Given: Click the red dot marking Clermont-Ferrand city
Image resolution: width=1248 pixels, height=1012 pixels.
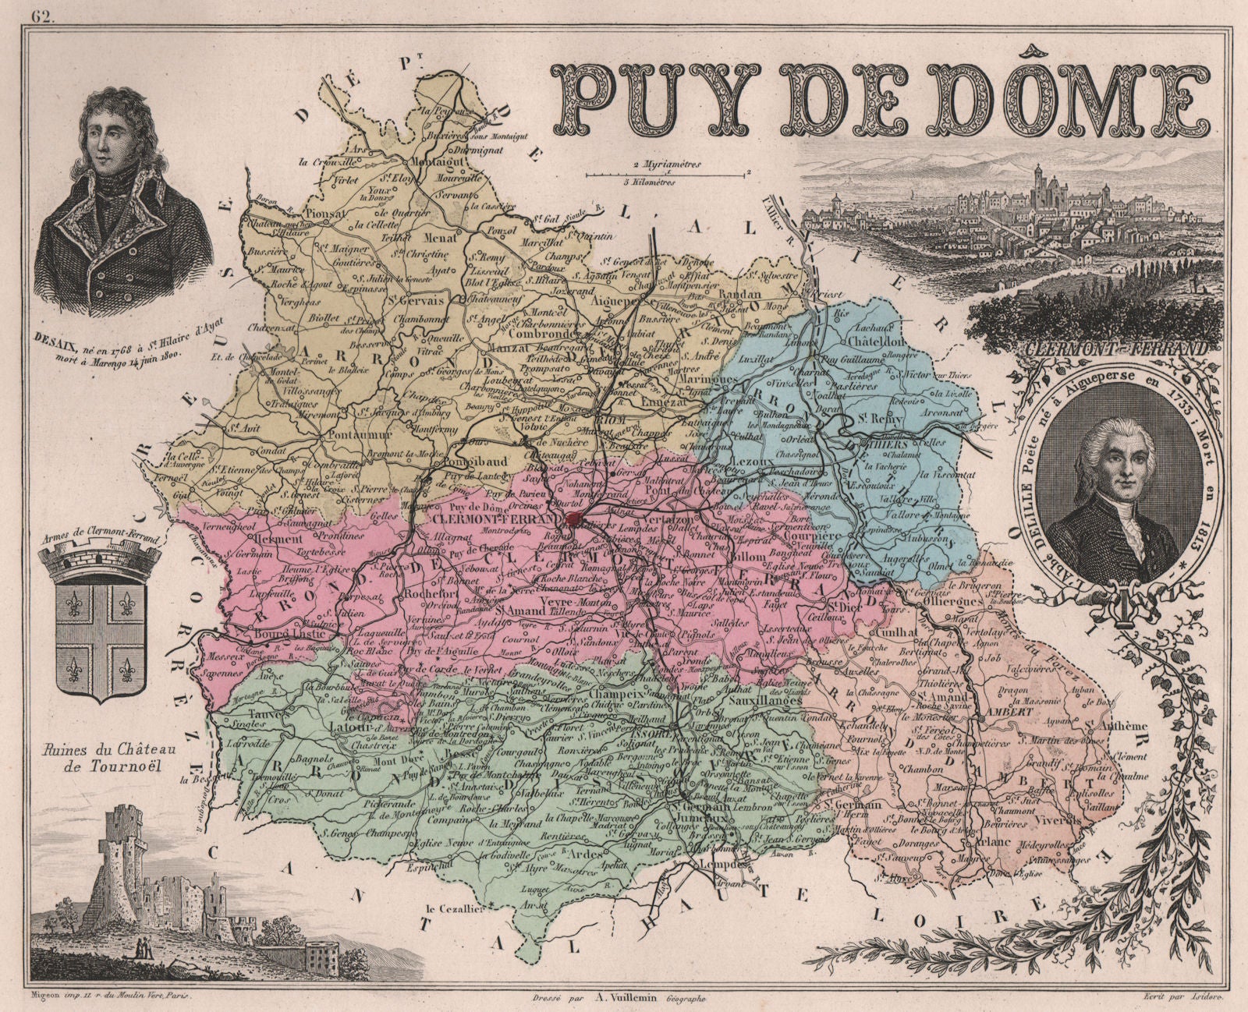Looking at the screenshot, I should [574, 520].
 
